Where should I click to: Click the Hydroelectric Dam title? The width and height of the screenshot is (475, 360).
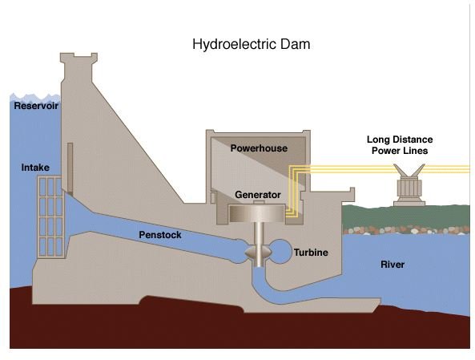[252, 45]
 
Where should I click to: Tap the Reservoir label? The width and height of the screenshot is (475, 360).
[36, 106]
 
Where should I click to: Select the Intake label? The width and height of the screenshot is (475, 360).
[35, 168]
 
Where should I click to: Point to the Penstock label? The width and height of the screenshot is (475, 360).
[160, 235]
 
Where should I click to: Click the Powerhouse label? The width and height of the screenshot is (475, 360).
[259, 148]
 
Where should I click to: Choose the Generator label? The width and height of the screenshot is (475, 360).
[258, 195]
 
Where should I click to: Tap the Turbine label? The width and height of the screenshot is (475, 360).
[311, 253]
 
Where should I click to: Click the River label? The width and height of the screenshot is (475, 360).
[392, 265]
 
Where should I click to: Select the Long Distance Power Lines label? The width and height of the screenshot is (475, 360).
[400, 145]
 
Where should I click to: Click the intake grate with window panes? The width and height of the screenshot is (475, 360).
[50, 216]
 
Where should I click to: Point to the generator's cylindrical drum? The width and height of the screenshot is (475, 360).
[257, 213]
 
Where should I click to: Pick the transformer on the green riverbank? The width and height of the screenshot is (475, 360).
[409, 185]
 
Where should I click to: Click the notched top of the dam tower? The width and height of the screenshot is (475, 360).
[78, 58]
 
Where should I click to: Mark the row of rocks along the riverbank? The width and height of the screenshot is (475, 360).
[406, 229]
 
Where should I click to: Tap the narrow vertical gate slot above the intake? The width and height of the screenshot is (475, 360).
[70, 169]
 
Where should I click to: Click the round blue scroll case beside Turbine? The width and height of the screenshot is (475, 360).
[280, 251]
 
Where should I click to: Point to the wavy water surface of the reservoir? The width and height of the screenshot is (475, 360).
[35, 98]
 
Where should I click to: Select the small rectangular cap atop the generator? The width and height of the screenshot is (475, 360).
[258, 203]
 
